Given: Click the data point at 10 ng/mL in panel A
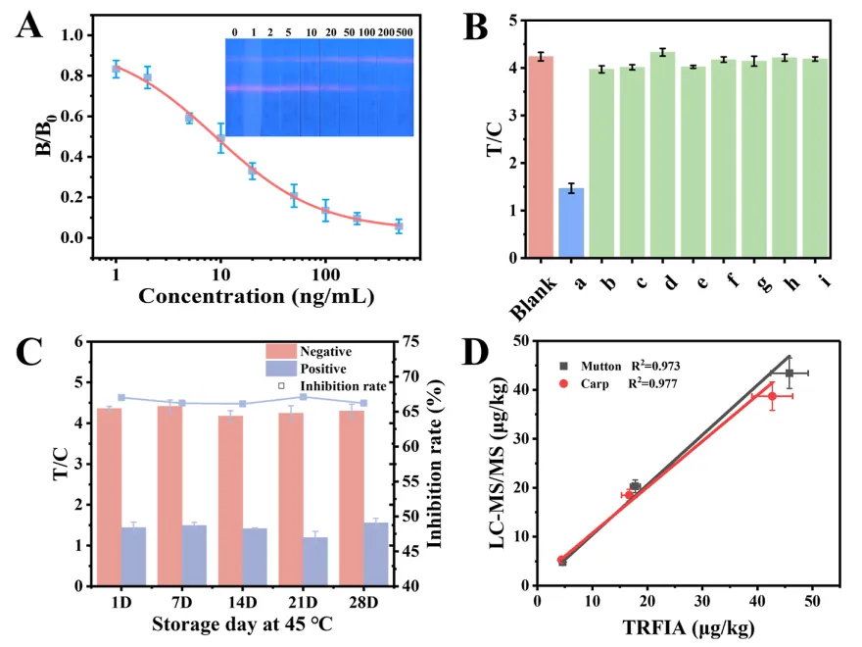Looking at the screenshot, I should point(220,139).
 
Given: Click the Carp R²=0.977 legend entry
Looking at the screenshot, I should point(651,383).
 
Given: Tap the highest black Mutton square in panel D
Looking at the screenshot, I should point(790,373).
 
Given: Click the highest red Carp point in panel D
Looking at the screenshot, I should point(772,396).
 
